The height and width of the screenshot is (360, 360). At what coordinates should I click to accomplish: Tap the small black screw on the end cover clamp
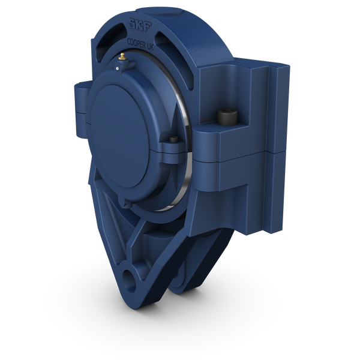pos(173,140)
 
